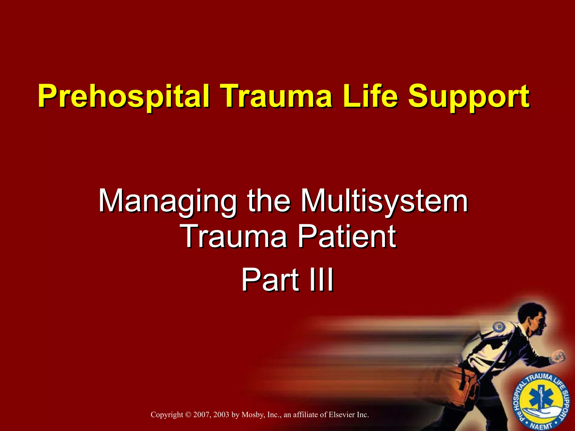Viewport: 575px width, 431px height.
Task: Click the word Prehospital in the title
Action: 124,97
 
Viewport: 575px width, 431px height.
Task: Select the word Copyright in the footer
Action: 167,415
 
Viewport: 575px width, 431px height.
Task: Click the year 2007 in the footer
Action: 201,415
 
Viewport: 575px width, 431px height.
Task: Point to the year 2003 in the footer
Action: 221,415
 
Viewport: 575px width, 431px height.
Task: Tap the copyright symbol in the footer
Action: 188,415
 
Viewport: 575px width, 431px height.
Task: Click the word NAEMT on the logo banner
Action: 540,426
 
